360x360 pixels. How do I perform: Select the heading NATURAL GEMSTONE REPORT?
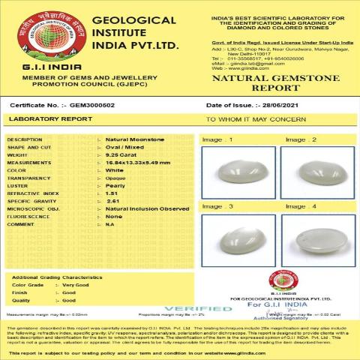click(277, 82)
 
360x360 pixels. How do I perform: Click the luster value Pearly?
click(115, 185)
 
